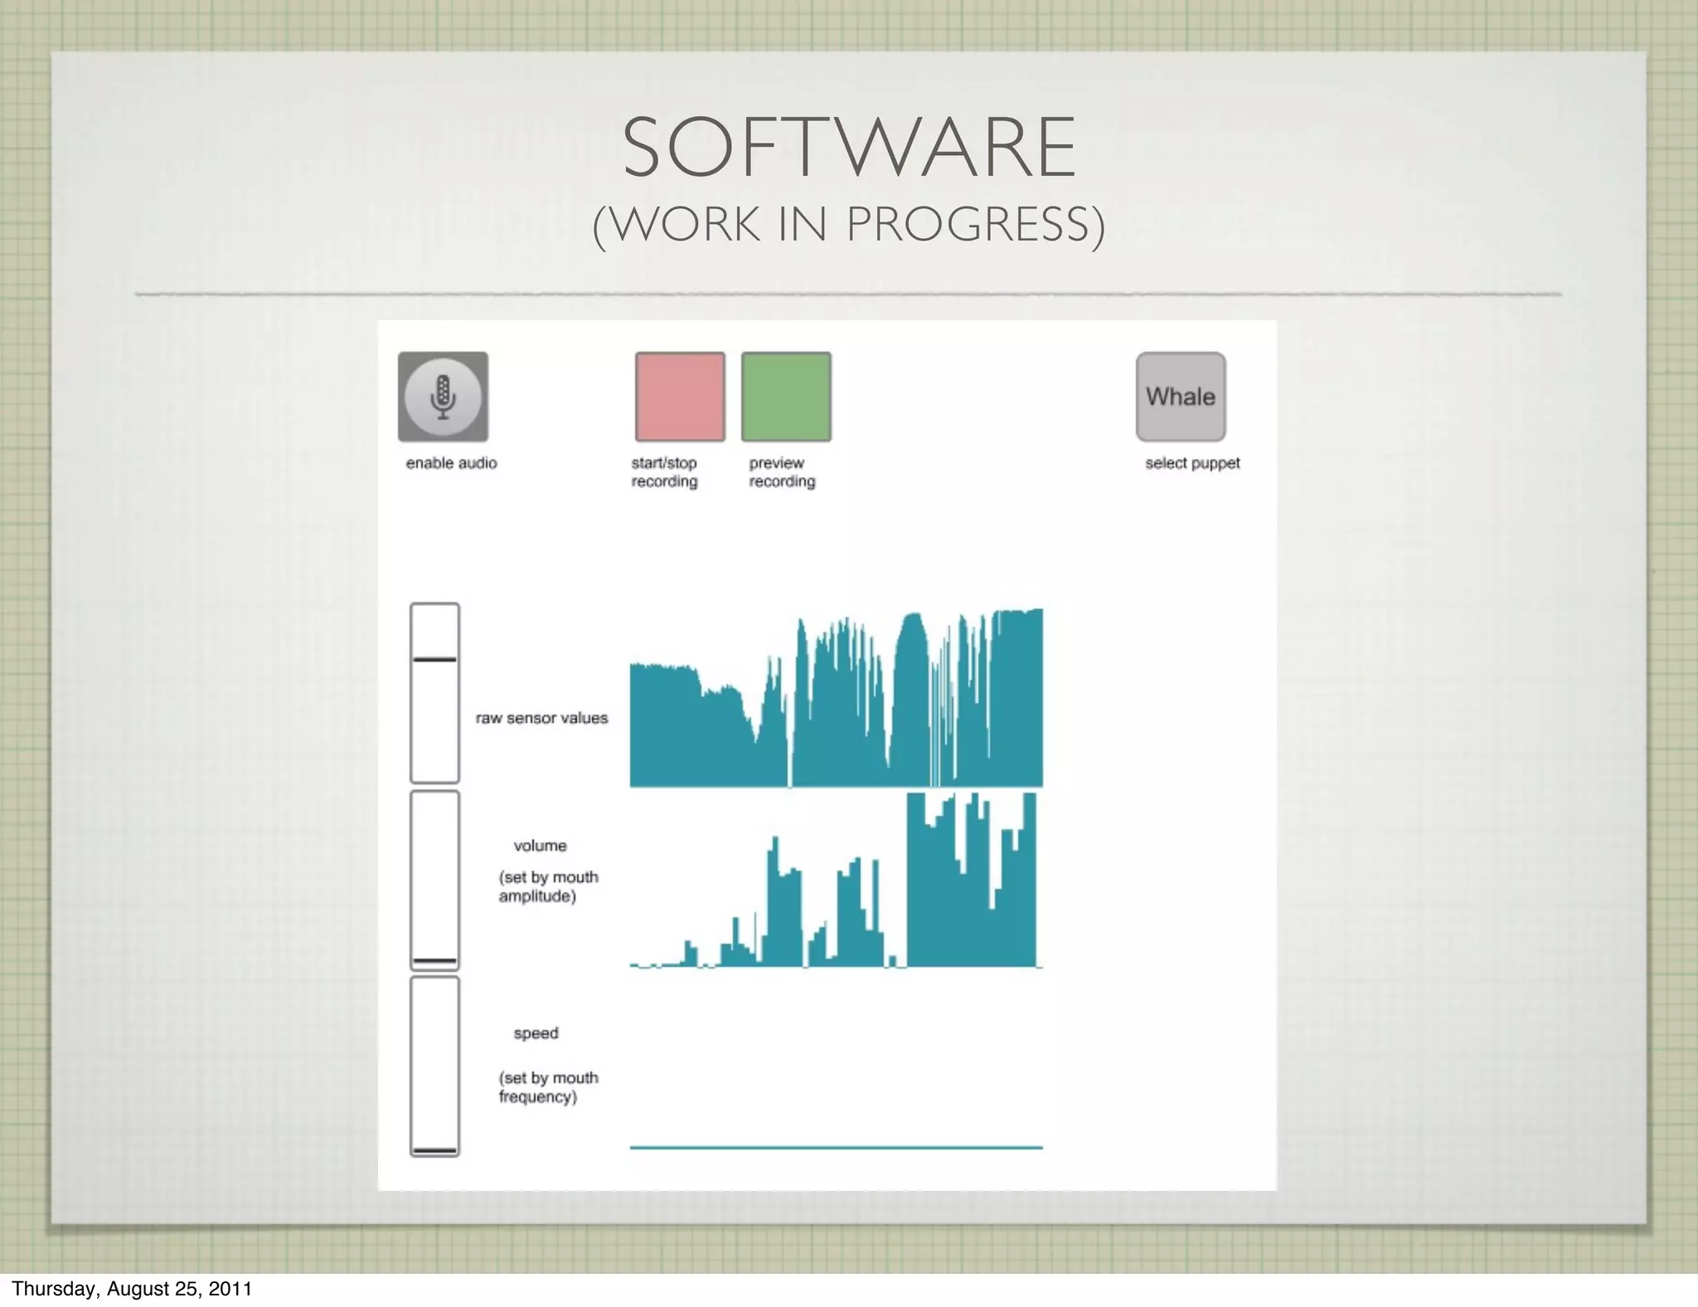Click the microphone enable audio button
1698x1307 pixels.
[x=443, y=396]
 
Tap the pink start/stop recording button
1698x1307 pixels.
[x=680, y=396]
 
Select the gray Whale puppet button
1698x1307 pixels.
[x=1181, y=396]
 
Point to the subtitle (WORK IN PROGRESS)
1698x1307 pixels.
[x=849, y=224]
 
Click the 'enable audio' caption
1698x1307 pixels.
[x=451, y=464]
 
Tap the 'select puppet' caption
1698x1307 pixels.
[x=1192, y=464]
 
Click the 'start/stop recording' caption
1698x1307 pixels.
[x=664, y=473]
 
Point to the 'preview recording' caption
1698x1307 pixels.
[x=782, y=473]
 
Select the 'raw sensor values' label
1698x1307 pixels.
[x=541, y=718]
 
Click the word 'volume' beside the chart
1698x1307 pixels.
[x=540, y=846]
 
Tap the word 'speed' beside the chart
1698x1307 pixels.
[x=536, y=1033]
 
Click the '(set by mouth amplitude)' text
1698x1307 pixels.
[x=548, y=887]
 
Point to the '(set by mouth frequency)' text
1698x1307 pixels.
[x=548, y=1087]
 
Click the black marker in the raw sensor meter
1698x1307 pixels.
[x=434, y=659]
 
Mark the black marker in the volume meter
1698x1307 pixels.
[x=434, y=961]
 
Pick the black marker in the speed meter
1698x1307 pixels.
[x=434, y=1151]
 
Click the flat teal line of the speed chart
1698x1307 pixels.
[x=836, y=1148]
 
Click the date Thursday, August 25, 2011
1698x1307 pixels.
[x=132, y=1289]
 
